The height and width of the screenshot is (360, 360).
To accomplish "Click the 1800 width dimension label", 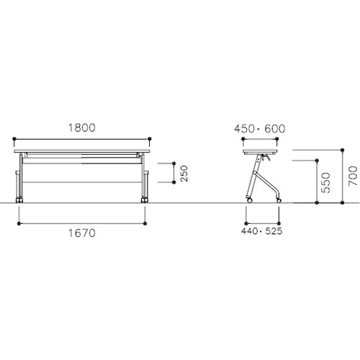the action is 82,127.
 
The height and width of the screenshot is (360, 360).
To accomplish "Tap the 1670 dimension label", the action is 82,233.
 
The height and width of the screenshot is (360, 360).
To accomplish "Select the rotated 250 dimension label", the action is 184,174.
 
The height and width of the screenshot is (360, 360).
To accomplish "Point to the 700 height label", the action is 353,176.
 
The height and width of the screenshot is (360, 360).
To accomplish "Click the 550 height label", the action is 325,183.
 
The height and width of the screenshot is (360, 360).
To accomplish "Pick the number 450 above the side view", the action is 244,129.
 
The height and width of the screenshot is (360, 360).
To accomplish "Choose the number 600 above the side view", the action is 275,129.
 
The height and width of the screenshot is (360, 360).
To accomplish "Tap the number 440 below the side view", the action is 249,231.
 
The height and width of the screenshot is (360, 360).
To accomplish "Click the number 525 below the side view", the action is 274,231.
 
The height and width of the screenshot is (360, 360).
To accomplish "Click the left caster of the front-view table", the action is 19,200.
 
